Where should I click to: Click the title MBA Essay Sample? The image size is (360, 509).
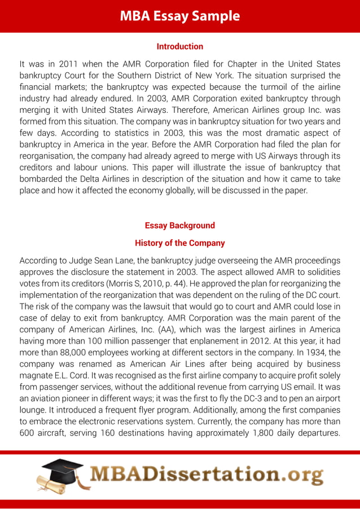(179, 16)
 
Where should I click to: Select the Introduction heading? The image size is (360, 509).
(179, 46)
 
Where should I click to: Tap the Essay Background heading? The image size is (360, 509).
(179, 225)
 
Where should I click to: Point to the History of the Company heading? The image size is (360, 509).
(179, 243)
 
